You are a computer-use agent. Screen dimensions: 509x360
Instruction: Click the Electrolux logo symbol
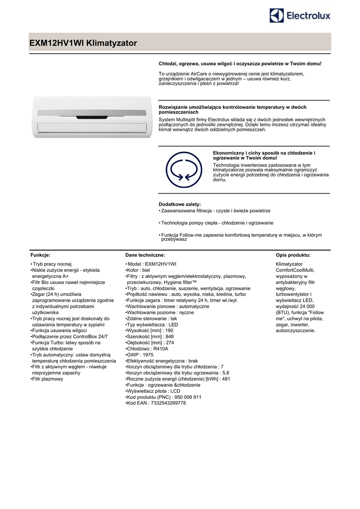[x=276, y=16]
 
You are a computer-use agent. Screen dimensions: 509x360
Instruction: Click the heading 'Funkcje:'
[x=41, y=254]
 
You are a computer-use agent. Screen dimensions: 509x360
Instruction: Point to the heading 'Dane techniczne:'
[x=145, y=254]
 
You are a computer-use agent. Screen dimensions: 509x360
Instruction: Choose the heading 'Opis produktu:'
[x=293, y=254]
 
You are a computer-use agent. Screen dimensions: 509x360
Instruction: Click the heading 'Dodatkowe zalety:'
[x=180, y=204]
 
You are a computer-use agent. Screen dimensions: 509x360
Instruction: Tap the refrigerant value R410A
[x=162, y=349]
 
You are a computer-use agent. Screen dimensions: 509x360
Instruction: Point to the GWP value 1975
[x=148, y=355]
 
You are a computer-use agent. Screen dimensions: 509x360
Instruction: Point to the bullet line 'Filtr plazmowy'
[x=48, y=379]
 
